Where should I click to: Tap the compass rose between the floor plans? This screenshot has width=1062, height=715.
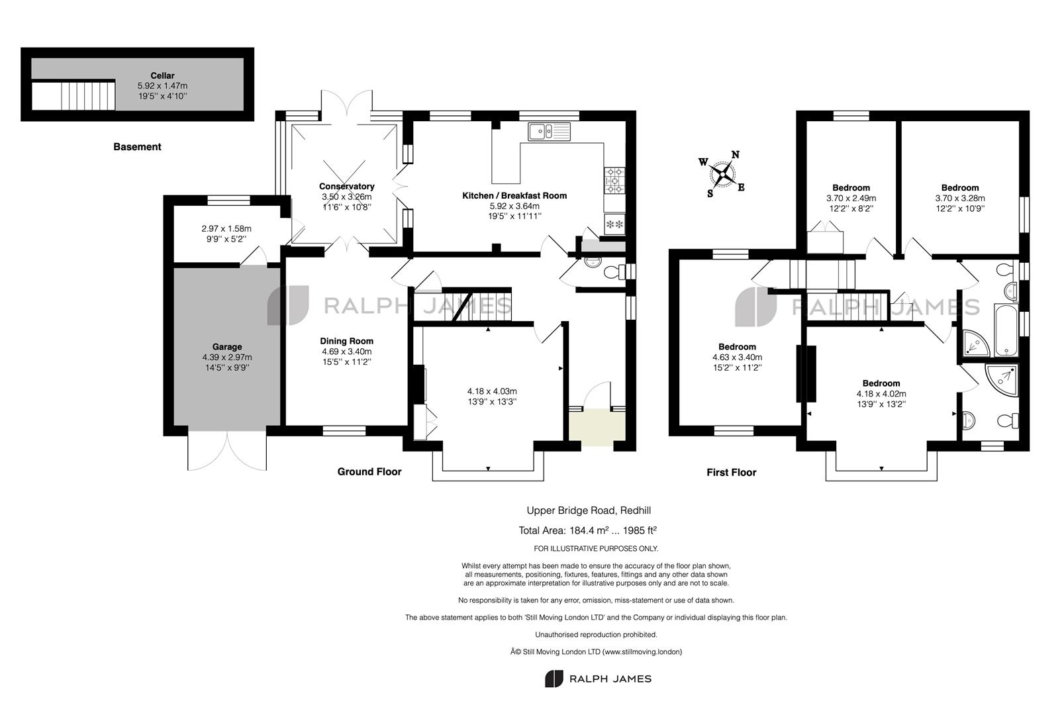click(x=722, y=175)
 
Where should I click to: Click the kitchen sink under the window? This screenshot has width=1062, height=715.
click(x=549, y=132)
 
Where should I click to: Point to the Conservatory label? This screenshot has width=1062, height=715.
click(x=346, y=186)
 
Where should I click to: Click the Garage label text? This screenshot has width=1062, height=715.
click(x=227, y=346)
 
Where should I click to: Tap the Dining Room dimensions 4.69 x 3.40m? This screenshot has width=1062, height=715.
click(x=346, y=352)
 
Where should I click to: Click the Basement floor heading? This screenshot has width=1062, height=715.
click(x=137, y=147)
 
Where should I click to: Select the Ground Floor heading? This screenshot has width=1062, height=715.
click(x=369, y=472)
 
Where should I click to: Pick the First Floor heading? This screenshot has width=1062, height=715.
click(x=731, y=472)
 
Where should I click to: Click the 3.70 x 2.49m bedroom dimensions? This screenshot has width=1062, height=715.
click(x=851, y=198)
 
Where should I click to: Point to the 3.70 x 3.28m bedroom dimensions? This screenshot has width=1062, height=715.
click(x=959, y=198)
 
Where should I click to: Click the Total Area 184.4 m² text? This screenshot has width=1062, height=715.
click(x=587, y=530)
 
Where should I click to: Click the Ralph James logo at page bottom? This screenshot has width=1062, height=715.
click(x=598, y=679)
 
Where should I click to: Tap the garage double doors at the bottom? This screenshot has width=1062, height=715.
click(x=227, y=452)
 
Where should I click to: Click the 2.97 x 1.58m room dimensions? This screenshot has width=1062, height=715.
click(x=226, y=228)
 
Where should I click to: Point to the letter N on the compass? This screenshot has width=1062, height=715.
click(x=735, y=156)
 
